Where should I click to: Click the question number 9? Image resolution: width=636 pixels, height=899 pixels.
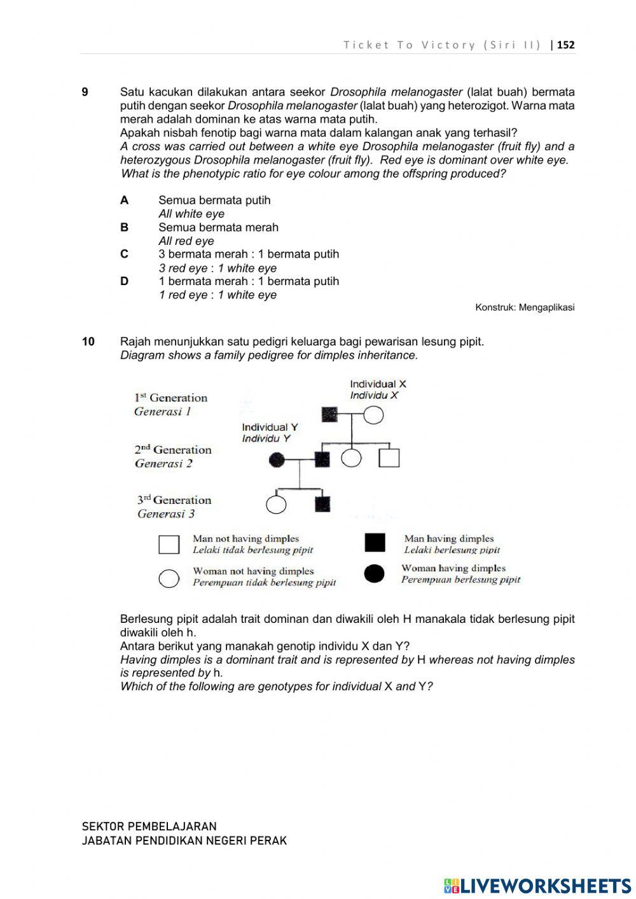click(85, 92)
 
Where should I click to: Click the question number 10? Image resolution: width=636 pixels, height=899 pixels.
click(88, 342)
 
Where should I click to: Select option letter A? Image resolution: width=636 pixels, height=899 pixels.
click(124, 200)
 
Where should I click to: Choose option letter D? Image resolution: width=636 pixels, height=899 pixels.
click(124, 281)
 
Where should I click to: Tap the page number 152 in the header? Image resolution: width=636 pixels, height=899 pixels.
click(565, 45)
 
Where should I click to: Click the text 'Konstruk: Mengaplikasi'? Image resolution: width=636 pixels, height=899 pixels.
click(525, 307)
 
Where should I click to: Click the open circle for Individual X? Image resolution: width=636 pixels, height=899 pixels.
click(373, 415)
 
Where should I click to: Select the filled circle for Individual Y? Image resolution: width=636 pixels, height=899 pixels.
click(277, 459)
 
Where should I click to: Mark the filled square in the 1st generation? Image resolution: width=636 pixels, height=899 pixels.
click(329, 415)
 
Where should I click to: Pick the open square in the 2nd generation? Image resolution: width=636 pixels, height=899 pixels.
click(389, 458)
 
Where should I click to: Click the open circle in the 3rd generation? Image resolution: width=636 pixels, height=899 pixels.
click(276, 504)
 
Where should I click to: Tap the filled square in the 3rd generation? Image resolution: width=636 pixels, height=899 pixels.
click(322, 504)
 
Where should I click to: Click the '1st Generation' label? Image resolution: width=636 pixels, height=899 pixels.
click(170, 398)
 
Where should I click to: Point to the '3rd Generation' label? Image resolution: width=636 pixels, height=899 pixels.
click(174, 500)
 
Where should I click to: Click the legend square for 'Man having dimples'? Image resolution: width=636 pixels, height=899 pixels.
click(375, 543)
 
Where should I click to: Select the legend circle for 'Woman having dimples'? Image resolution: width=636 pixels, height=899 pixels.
click(375, 573)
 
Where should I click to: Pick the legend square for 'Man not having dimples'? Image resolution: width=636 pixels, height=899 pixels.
click(169, 545)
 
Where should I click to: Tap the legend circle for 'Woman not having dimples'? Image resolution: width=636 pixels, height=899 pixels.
click(169, 578)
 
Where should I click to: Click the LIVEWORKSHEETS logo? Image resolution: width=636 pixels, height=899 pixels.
click(537, 885)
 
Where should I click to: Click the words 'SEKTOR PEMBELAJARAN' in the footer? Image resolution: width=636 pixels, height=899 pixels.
click(149, 826)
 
